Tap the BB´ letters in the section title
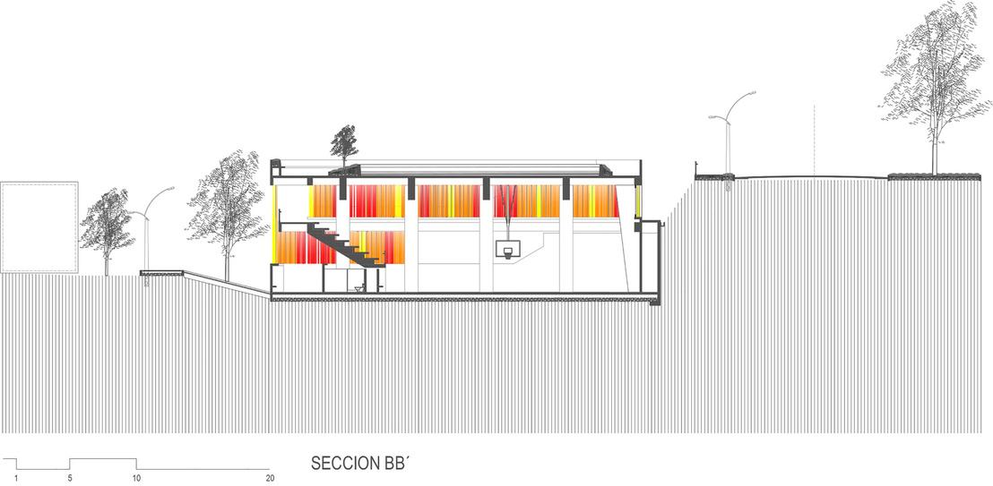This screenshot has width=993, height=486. point(397,465)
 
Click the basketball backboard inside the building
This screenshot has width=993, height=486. point(507,251)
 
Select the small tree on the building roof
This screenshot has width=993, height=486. point(343,143)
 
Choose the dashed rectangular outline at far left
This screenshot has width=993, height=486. point(39,227)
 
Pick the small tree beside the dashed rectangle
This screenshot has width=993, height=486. point(106,228)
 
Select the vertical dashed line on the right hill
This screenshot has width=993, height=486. point(814,139)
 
